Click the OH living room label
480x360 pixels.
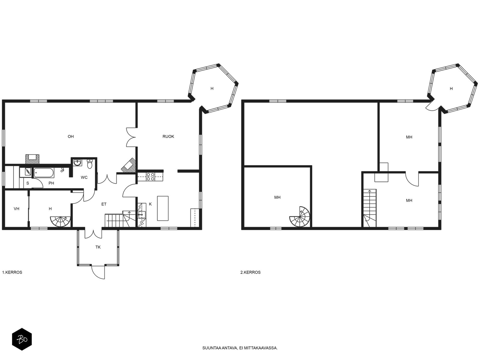pyautogui.click(x=70, y=136)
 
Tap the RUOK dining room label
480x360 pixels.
pyautogui.click(x=168, y=136)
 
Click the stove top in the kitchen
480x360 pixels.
pyautogui.click(x=151, y=177)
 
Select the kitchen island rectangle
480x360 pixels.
pyautogui.click(x=163, y=208)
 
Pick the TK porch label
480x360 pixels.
pyautogui.click(x=98, y=247)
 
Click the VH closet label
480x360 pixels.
pyautogui.click(x=16, y=209)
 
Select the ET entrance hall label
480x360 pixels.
pyautogui.click(x=104, y=204)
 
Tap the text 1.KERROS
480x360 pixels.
pyautogui.click(x=12, y=272)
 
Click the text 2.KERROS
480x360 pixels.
pyautogui.click(x=250, y=272)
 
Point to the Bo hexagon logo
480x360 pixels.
pyautogui.click(x=22, y=339)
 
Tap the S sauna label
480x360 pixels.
pyautogui.click(x=28, y=183)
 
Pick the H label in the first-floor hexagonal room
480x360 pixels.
pyautogui.click(x=212, y=88)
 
